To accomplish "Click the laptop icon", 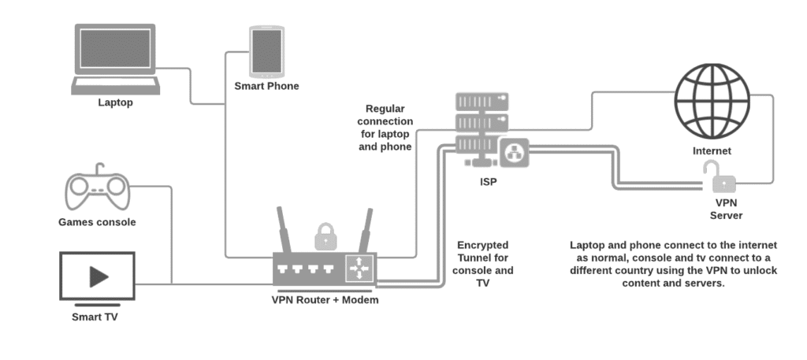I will point(116,59).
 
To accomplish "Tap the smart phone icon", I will point(266,51).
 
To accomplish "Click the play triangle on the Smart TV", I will point(99,276).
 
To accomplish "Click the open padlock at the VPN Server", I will point(722,178).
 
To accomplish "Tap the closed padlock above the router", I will point(325,236).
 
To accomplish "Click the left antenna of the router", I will point(285,229).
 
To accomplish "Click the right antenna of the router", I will point(365,229).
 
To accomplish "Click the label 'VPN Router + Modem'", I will point(325,299).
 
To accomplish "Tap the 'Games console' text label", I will point(97,222).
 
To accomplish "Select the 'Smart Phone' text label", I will point(266,86).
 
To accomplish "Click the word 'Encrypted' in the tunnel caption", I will point(482,245).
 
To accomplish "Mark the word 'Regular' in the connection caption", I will point(385,109).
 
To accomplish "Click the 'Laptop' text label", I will point(116,102).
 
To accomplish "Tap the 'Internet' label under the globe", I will point(711,150).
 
